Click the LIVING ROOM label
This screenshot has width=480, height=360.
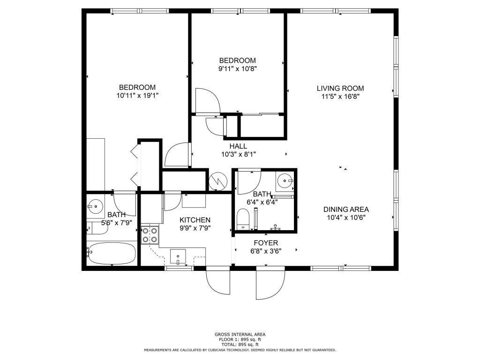tap(340, 89)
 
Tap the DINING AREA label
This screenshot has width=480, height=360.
tap(346, 210)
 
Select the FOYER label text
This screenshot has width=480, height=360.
tap(266, 243)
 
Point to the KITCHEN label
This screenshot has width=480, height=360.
tap(195, 220)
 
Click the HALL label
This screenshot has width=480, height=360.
tap(238, 146)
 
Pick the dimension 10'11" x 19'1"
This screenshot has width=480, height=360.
tap(137, 96)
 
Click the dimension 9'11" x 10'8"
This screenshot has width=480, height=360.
tap(237, 68)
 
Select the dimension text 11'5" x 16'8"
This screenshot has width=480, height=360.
tap(340, 97)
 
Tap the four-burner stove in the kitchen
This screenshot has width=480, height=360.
tap(150, 235)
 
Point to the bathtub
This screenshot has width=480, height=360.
tap(112, 253)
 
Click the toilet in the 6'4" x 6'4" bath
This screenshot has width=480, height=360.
tap(243, 218)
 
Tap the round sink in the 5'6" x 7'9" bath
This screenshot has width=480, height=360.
tap(96, 206)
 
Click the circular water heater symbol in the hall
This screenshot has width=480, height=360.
tap(218, 181)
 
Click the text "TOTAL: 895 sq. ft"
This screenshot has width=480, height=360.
tap(240, 345)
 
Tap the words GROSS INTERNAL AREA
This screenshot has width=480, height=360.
tap(240, 335)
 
